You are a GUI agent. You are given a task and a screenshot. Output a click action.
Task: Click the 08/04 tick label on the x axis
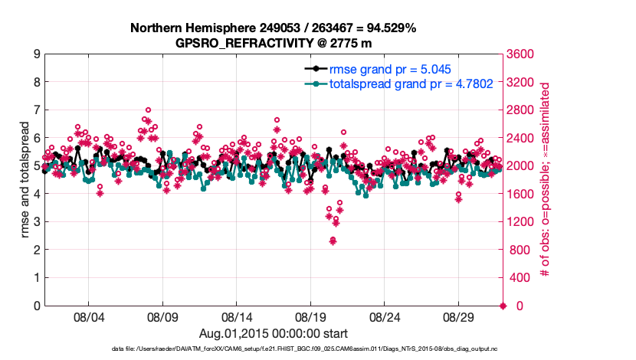[88, 316]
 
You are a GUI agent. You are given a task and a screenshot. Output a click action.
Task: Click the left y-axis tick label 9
[37, 54]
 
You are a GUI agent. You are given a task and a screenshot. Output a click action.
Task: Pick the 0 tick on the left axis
[37, 306]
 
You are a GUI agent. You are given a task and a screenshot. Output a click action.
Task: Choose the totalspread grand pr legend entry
[394, 83]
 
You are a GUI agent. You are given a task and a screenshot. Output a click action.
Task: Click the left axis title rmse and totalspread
[25, 179]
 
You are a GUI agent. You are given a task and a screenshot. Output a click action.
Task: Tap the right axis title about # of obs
[546, 179]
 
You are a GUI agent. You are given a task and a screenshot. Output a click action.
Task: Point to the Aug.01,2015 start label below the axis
[274, 334]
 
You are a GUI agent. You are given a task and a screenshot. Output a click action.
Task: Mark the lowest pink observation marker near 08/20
[333, 241]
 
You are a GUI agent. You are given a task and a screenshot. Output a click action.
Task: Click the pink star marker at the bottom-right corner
[503, 306]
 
